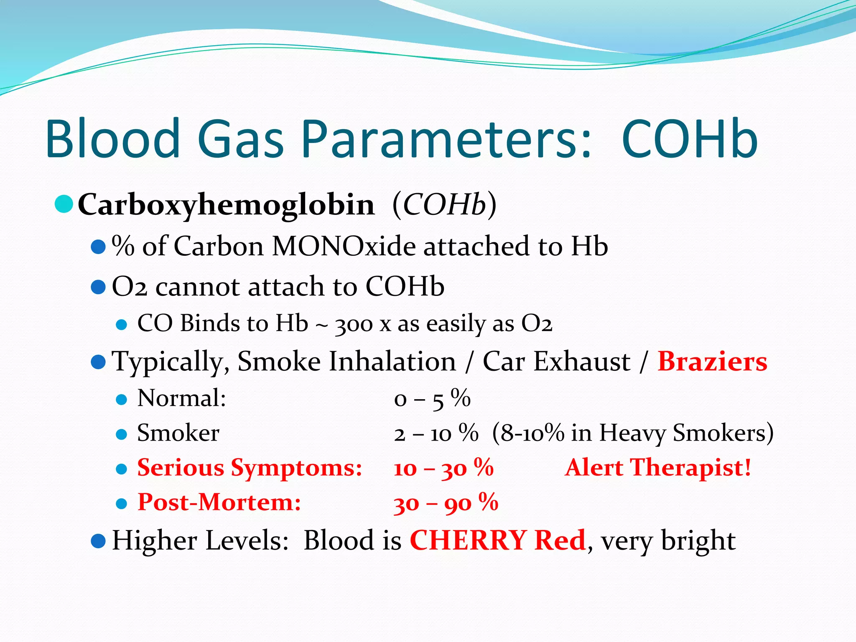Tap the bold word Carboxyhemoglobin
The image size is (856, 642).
pos(226,205)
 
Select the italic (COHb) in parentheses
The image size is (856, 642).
pos(444,205)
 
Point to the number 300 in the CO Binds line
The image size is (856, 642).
pos(354,325)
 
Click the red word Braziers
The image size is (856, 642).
pos(712,362)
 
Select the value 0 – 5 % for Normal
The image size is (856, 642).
pos(432,399)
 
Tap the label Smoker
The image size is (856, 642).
pos(178,433)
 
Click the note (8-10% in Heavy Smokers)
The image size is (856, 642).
pos(632,433)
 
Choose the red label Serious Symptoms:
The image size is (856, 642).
pos(250,468)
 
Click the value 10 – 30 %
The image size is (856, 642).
pos(443,468)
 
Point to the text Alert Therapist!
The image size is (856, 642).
pos(658,467)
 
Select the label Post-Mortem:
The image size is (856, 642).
pos(219,502)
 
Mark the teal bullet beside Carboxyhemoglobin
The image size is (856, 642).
pos(64,204)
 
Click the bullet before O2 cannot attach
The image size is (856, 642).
pos(98,287)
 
